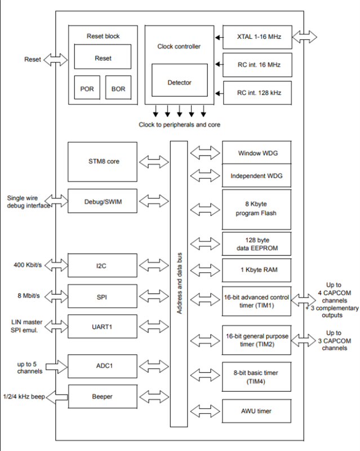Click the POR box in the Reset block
click(x=87, y=89)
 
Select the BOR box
click(x=118, y=89)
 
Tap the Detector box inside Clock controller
click(x=179, y=82)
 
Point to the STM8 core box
click(x=103, y=161)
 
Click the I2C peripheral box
click(x=103, y=265)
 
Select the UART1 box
click(x=103, y=326)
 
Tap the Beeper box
click(x=103, y=397)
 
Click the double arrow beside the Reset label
click(x=55, y=59)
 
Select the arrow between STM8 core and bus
click(x=153, y=162)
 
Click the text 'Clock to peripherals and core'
click(x=179, y=124)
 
